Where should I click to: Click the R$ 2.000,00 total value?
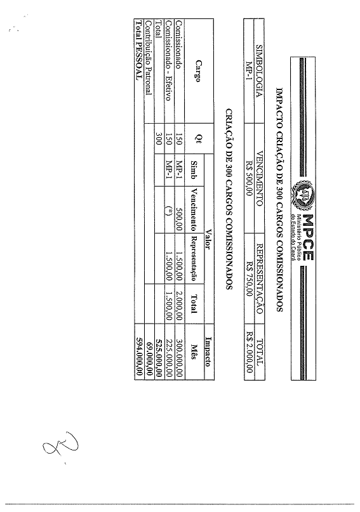click(250, 352)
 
